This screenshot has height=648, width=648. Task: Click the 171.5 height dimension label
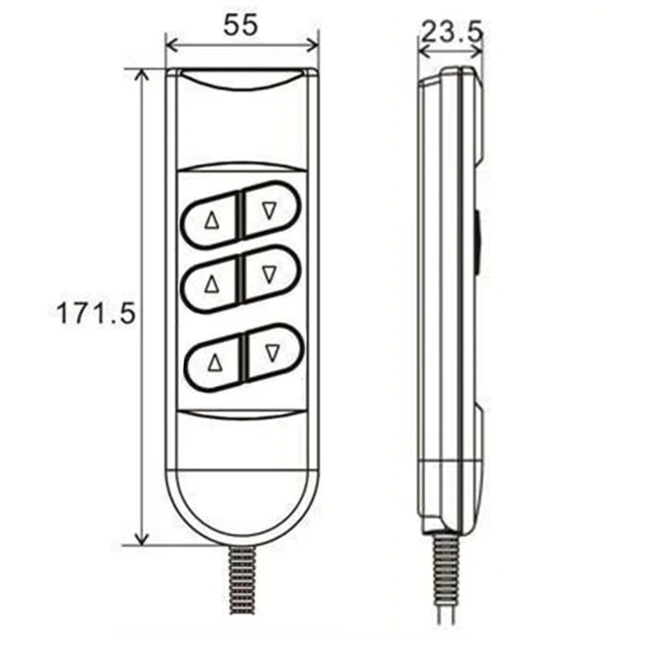[x=96, y=313]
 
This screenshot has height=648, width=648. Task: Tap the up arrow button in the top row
[x=212, y=221]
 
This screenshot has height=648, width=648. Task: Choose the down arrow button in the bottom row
[x=273, y=352]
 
